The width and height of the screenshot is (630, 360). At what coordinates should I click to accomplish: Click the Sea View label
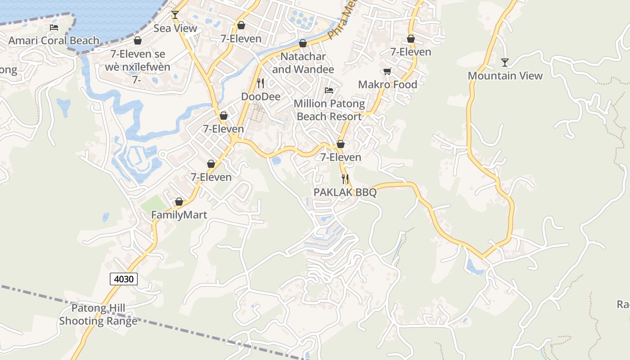(175, 28)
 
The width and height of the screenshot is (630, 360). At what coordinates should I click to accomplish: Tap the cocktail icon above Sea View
(175, 15)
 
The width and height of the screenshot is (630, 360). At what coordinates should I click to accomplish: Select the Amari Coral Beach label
(54, 40)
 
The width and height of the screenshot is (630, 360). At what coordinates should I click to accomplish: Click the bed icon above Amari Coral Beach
(54, 27)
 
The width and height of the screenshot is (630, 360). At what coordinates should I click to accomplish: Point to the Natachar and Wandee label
(303, 63)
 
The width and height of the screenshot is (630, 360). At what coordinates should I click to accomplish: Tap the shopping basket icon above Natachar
(303, 43)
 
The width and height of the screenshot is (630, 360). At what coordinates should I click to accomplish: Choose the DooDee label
(261, 97)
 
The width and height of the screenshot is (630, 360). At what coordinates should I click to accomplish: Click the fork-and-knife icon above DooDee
(260, 83)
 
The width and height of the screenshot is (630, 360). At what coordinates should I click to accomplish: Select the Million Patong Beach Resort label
(329, 110)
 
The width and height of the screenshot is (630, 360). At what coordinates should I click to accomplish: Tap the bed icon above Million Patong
(329, 90)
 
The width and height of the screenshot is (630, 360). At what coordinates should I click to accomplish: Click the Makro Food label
(387, 85)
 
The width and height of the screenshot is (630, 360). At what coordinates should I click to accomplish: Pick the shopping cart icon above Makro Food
(387, 71)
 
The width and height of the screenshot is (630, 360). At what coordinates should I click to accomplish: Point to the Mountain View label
(505, 76)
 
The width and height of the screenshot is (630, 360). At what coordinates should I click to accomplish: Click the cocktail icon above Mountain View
(505, 62)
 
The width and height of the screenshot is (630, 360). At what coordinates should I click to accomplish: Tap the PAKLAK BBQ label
(345, 193)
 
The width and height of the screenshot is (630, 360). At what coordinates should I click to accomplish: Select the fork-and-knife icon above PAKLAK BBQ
(345, 179)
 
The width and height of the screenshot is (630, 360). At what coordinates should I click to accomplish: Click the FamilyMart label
(179, 215)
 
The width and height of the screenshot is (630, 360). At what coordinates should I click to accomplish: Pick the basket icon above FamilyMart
(179, 202)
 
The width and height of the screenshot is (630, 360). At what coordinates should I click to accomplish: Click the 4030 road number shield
(124, 279)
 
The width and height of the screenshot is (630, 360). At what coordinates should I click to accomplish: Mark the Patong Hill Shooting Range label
(98, 315)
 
